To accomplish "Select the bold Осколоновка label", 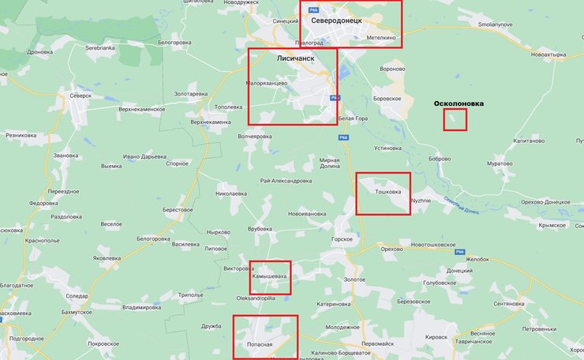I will click(459, 103).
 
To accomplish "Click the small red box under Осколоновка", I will click(455, 119).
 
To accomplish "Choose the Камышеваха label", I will click(269, 277).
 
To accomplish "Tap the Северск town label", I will click(80, 96).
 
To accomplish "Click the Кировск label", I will click(436, 337).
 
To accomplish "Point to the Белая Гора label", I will click(352, 118).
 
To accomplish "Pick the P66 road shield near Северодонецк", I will click(313, 9).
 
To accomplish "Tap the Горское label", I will click(342, 238).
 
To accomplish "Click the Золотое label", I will click(355, 279).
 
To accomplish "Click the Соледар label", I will click(77, 295).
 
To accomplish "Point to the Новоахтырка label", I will click(549, 54).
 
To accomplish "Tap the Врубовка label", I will click(260, 229).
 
